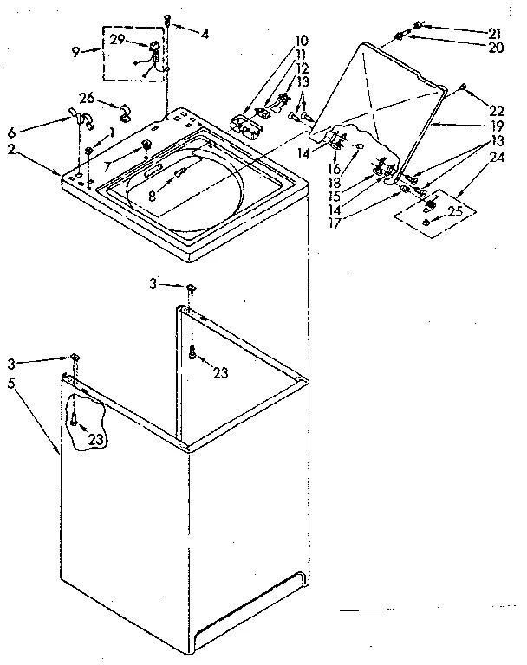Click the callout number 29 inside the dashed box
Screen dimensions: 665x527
118,42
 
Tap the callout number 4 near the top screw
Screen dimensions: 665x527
205,34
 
